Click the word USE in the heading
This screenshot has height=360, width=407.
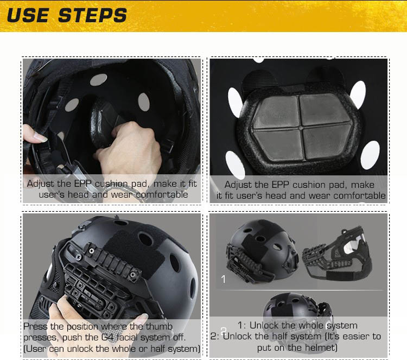[x=28, y=15]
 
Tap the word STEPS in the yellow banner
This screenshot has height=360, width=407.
[x=93, y=15]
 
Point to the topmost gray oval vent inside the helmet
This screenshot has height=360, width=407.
[x=98, y=79]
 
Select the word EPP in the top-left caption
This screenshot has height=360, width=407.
[x=83, y=184]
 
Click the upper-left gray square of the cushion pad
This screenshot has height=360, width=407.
[x=277, y=112]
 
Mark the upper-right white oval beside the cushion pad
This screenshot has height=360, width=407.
[x=358, y=95]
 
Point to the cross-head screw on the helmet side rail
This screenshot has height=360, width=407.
[x=78, y=257]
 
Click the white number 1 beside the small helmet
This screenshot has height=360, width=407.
[x=223, y=279]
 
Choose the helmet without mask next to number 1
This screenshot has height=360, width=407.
[x=262, y=252]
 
